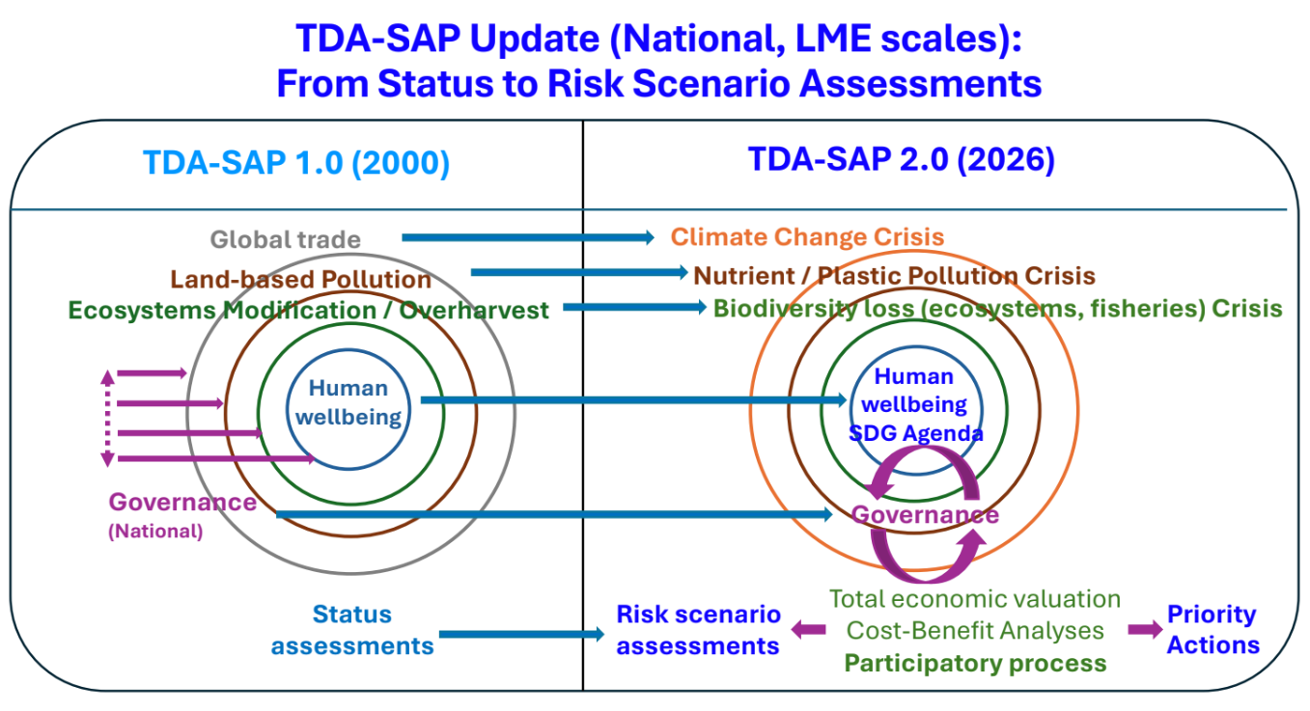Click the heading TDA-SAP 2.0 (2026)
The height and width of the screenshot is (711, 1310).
902,159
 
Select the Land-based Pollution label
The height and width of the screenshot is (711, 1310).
301,280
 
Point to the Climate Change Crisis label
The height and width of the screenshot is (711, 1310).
807,237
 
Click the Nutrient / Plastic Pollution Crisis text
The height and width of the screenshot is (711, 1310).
894,276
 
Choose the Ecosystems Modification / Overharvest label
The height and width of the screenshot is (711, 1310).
309,311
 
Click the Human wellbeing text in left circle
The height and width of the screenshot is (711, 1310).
348,403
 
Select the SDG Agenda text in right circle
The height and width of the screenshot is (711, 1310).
915,434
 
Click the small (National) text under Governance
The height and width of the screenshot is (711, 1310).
155,532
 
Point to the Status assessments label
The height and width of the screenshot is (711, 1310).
351,630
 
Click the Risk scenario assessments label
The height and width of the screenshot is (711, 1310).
698,630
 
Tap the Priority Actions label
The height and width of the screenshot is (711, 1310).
1212,630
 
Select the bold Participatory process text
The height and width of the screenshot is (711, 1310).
975,664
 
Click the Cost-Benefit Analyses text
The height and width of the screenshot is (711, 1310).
975,631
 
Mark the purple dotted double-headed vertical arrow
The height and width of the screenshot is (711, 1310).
107,417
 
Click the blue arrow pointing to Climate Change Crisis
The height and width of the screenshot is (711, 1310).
527,237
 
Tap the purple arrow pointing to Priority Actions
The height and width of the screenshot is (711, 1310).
1145,630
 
